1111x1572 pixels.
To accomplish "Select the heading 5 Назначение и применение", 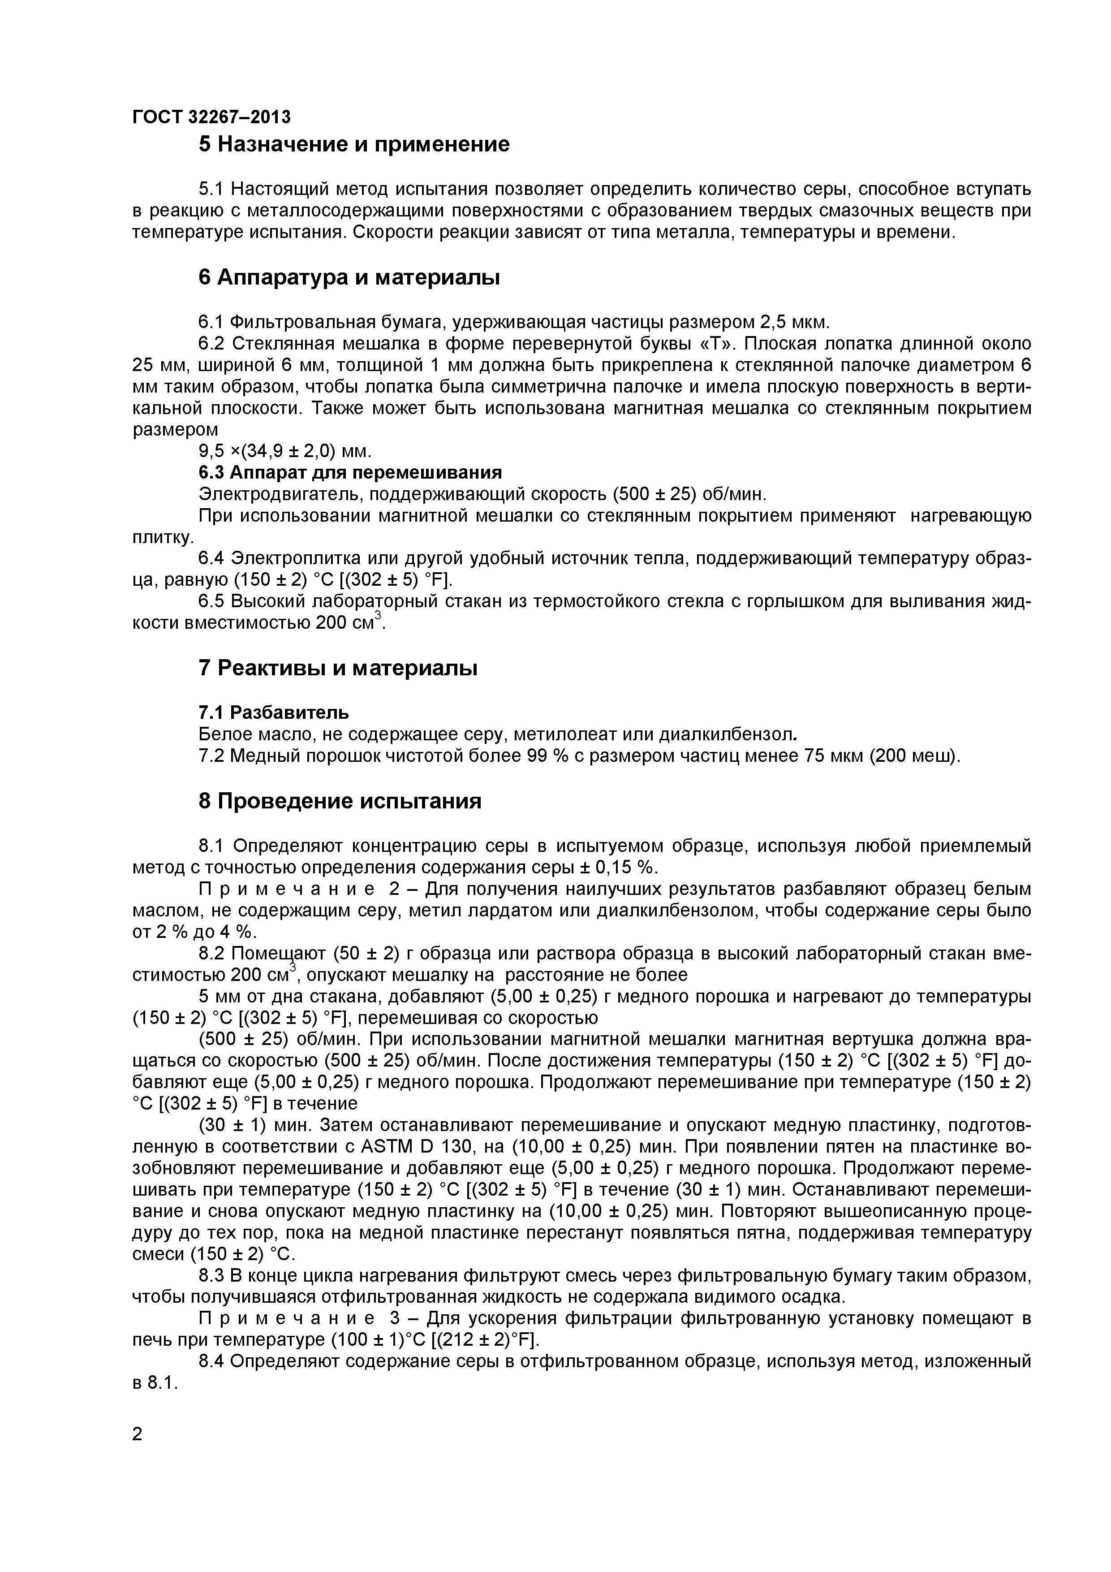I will [354, 144].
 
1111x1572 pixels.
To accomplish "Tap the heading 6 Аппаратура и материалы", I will [349, 277].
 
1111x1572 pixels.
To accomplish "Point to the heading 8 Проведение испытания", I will [340, 801].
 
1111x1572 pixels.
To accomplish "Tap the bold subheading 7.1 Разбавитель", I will [273, 713].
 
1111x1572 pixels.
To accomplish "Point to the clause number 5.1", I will [211, 189].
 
